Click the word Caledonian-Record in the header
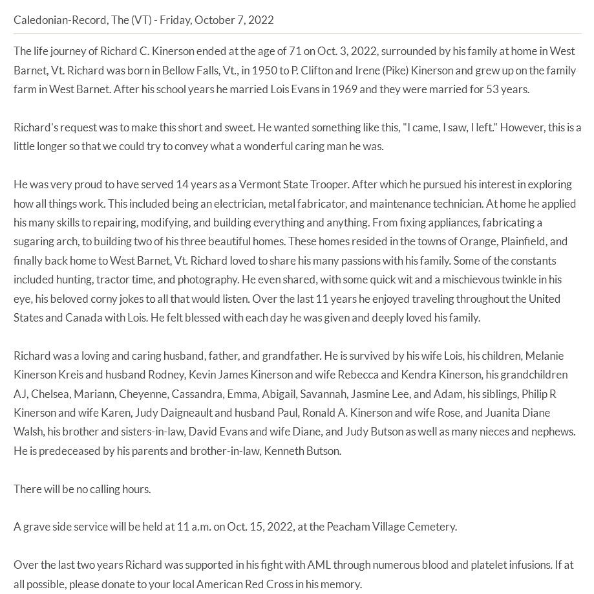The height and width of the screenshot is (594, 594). [60, 19]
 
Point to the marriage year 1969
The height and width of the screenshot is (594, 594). [344, 89]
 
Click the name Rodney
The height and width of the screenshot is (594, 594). [166, 375]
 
